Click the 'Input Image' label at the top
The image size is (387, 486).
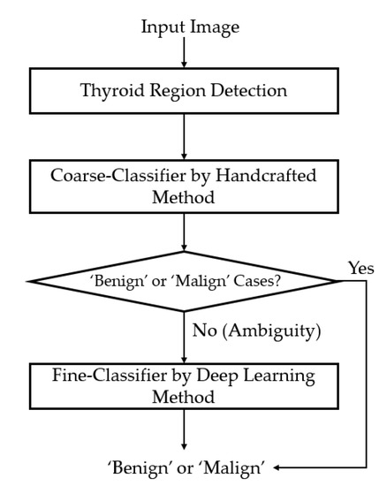coord(190,27)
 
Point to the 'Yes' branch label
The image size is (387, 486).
coord(360,268)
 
